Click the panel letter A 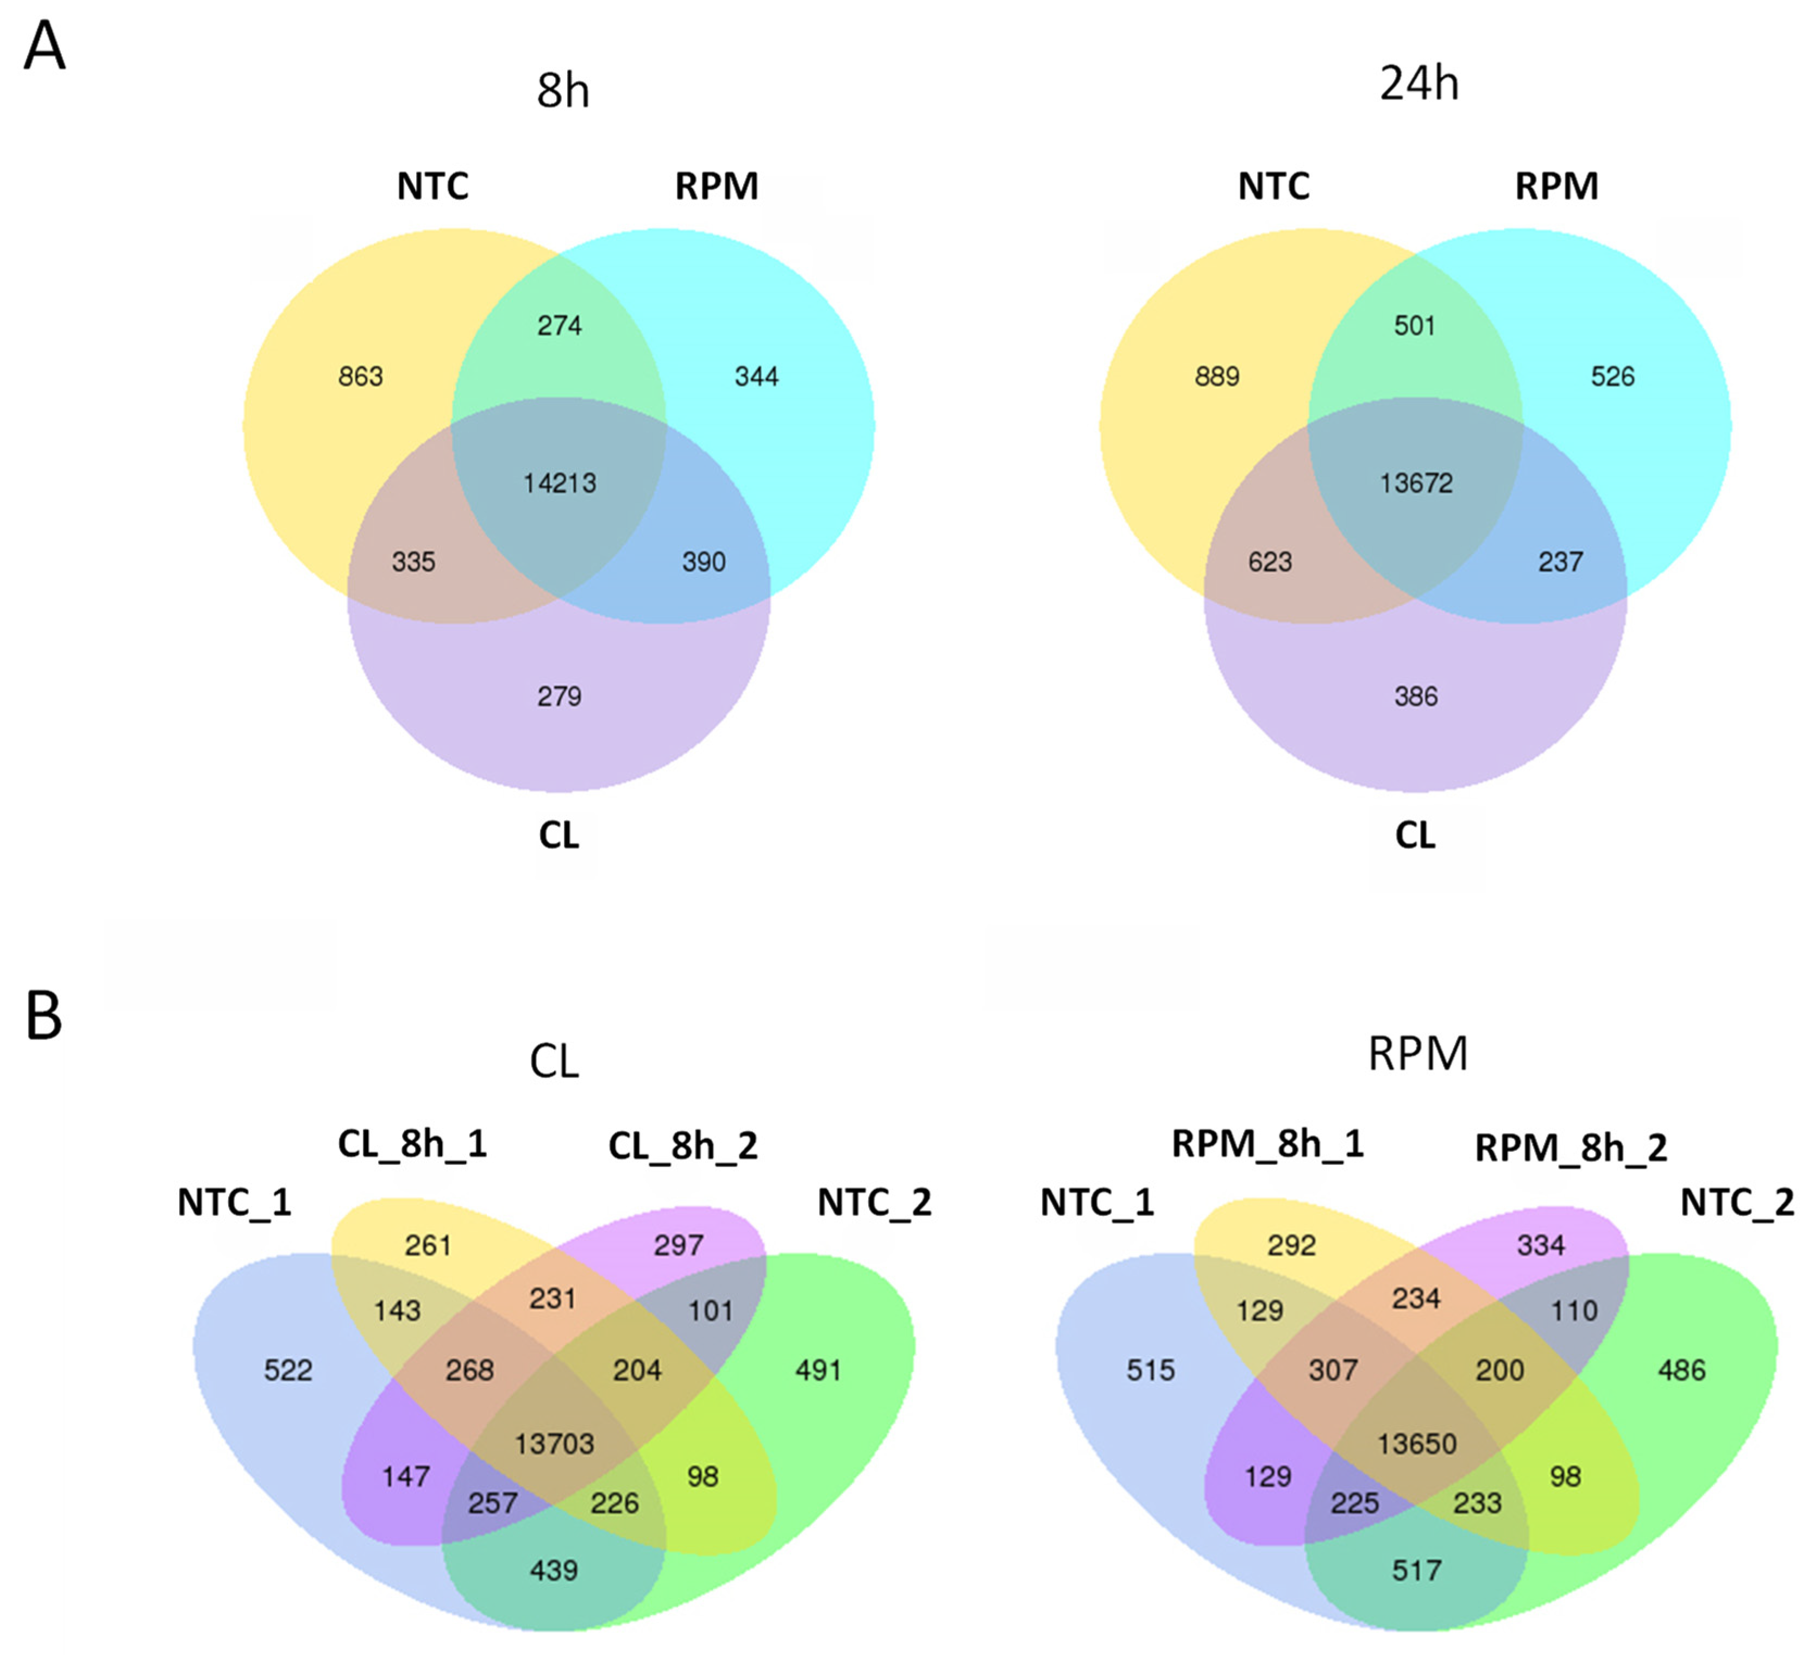pos(44,47)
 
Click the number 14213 pos(560,483)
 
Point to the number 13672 pos(1416,483)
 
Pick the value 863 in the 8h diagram pos(361,376)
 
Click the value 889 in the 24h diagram pos(1217,376)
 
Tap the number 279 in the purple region pos(560,695)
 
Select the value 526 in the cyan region pos(1612,376)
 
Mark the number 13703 pos(554,1444)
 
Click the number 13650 pos(1417,1444)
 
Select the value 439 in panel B pos(554,1570)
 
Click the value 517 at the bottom pos(1417,1570)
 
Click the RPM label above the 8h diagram pos(717,186)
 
